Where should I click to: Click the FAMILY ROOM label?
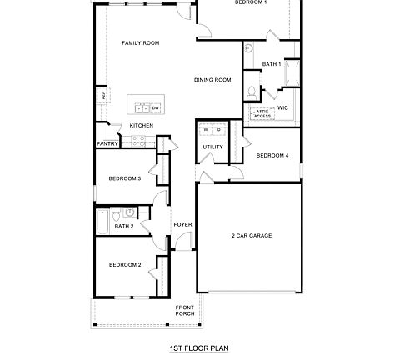click(x=140, y=42)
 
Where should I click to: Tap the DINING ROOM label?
click(x=212, y=80)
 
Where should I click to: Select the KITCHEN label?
click(x=141, y=126)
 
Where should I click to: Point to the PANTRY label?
click(x=107, y=143)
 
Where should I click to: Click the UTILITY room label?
click(x=212, y=147)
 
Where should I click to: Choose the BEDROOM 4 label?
click(x=272, y=156)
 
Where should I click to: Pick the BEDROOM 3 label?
click(x=125, y=178)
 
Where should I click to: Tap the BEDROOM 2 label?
click(x=125, y=264)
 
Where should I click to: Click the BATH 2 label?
click(x=124, y=226)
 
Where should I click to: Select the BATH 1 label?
click(x=271, y=64)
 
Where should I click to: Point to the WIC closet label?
click(x=282, y=107)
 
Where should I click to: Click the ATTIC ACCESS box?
click(x=262, y=114)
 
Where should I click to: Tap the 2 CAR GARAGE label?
click(x=252, y=236)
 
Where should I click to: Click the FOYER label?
click(x=182, y=225)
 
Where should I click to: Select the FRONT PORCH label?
click(x=184, y=311)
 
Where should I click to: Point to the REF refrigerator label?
click(x=104, y=96)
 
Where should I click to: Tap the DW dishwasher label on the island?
click(x=155, y=107)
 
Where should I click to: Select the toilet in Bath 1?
click(x=252, y=90)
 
